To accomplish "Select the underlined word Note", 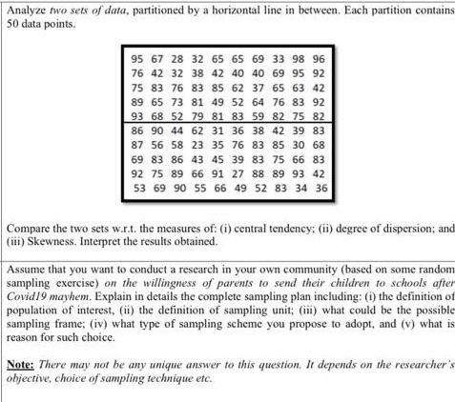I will (20, 364).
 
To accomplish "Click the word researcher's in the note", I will (418, 364).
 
